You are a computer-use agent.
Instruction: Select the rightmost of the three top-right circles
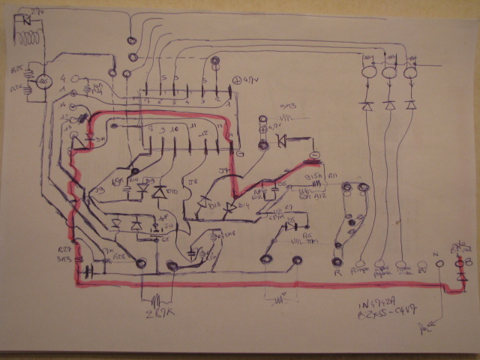[x=411, y=73]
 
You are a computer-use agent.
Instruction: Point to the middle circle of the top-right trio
[x=389, y=73]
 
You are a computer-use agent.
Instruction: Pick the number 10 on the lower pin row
[x=175, y=130]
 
